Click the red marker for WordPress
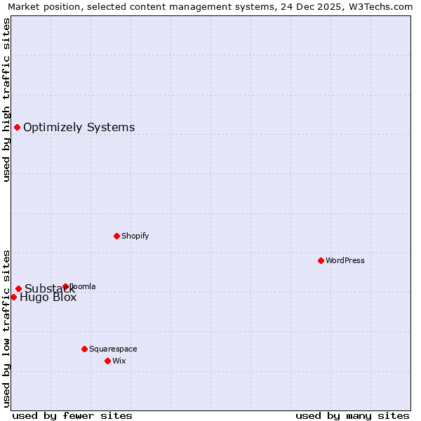pos(321,260)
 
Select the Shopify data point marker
pos(116,236)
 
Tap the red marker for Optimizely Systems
pos(17,127)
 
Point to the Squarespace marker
pos(84,349)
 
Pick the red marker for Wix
pos(107,361)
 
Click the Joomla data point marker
pos(65,286)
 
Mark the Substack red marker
pos(18,288)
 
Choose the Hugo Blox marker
pos(13,297)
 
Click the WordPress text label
pos(345,260)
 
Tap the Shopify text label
pos(135,236)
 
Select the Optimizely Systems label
pos(79,127)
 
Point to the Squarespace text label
pos(113,349)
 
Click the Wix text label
pos(119,361)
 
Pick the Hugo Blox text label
pos(48,298)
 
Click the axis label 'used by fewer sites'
pos(72,415)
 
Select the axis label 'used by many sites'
pos(352,415)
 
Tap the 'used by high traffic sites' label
pos(6,100)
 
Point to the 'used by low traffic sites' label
pos(6,328)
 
